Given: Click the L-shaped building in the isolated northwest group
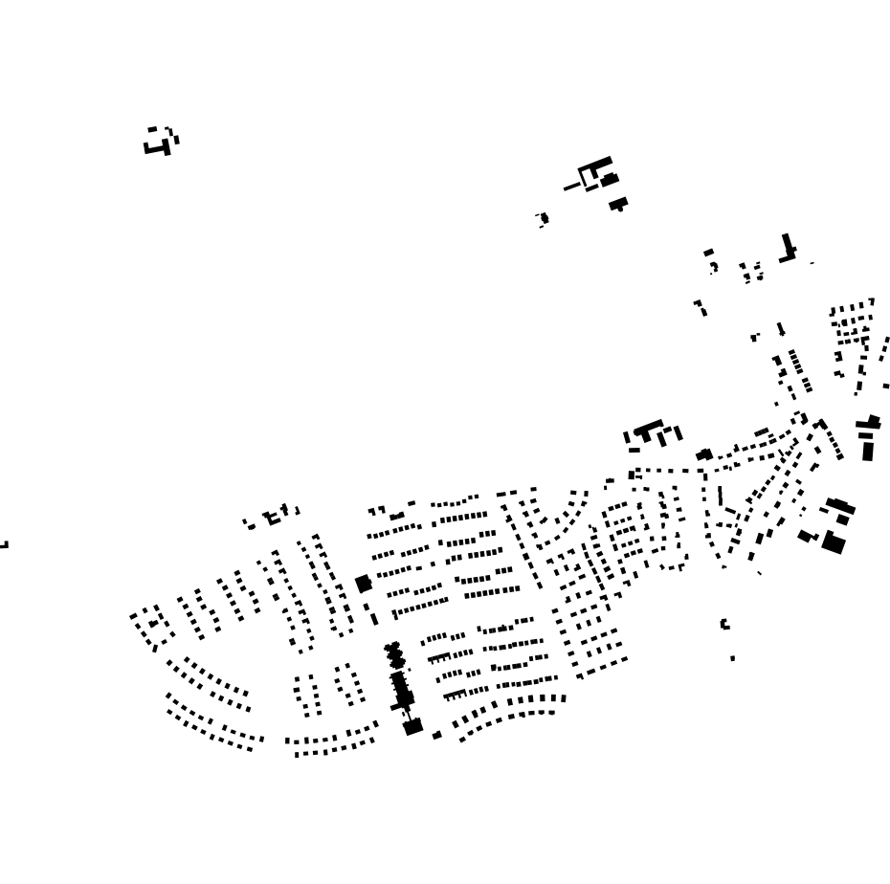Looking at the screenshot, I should (159, 147).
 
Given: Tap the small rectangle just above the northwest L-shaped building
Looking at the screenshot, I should (152, 128).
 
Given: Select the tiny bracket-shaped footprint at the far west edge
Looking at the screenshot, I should (4, 545).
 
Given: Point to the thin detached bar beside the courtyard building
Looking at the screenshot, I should (571, 187).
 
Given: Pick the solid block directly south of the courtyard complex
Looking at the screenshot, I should (618, 203).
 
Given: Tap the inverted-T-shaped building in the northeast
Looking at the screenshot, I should (788, 250).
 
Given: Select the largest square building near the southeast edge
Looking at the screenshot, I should (834, 543).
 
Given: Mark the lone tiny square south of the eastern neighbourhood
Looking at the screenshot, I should (733, 658).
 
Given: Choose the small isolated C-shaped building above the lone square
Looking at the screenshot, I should (724, 624).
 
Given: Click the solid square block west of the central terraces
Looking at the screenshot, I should (363, 583).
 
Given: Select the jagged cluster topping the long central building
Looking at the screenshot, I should (393, 655).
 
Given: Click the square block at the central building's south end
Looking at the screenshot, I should (412, 727).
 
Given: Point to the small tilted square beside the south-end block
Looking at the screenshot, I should (437, 735).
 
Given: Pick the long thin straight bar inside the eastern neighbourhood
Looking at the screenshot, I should (720, 496).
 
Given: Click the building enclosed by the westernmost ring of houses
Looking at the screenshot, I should (153, 624).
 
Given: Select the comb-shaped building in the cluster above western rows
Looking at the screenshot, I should (274, 518).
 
